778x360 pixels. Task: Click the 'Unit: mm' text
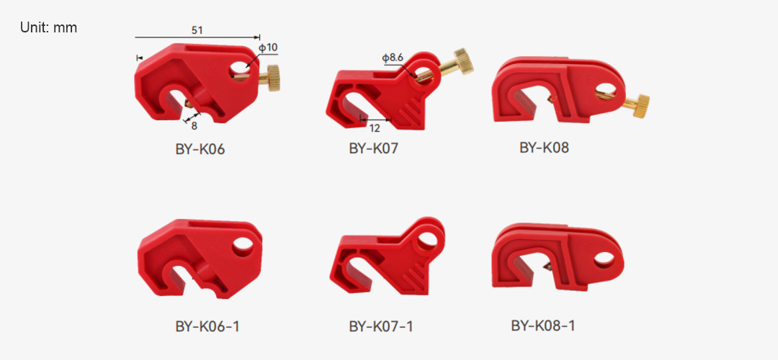[49, 28]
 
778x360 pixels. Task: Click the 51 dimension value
[197, 30]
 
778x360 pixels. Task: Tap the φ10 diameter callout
[269, 48]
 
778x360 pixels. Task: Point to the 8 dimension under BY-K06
[194, 126]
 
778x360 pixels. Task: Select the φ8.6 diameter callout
[392, 58]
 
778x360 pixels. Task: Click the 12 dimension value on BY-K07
[375, 128]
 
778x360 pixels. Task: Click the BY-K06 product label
[200, 149]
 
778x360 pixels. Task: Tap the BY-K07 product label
[374, 149]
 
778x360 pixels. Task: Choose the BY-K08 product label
[544, 148]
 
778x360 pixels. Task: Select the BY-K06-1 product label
[207, 326]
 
